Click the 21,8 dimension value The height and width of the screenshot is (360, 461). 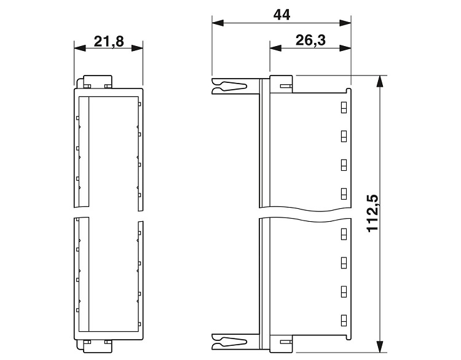(x=109, y=42)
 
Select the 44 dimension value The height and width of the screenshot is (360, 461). (x=282, y=15)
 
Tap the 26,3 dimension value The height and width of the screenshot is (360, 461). (x=310, y=40)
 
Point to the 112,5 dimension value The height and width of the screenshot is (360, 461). (x=373, y=213)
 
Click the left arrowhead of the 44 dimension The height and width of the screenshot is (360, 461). (x=218, y=23)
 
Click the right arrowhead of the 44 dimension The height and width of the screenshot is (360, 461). (x=345, y=23)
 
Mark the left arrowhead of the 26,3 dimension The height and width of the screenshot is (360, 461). (x=275, y=48)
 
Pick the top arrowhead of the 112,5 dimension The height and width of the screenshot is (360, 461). (x=380, y=81)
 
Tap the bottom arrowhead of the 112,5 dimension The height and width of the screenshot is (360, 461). (x=380, y=346)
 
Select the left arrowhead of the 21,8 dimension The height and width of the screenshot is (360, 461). (x=80, y=48)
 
